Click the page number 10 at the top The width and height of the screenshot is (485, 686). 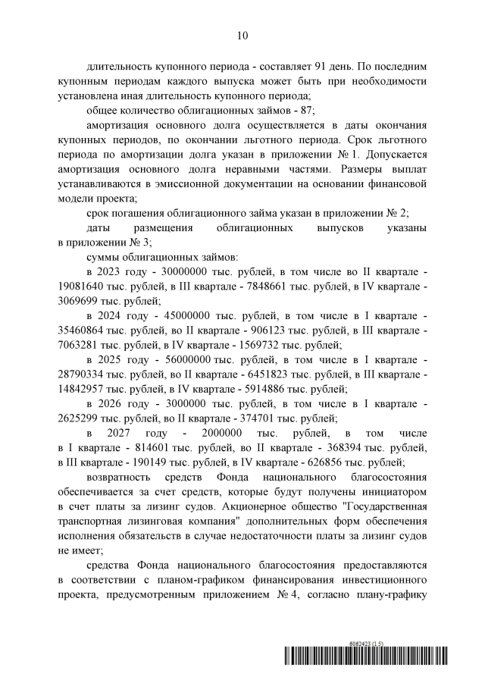(x=242, y=35)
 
